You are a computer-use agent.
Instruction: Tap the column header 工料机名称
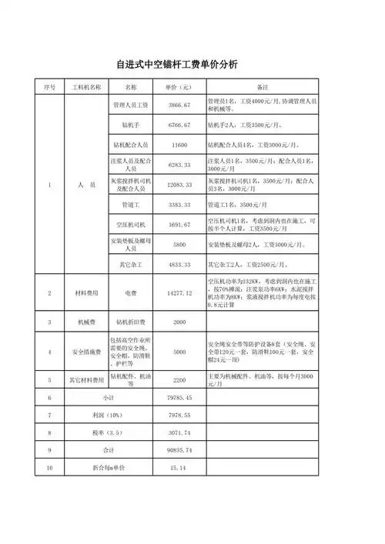86,87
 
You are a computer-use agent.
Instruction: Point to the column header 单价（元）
179,87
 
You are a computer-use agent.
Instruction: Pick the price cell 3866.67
179,104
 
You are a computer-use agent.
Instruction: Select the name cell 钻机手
130,124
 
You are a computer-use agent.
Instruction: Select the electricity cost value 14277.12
179,293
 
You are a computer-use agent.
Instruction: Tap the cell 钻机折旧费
130,322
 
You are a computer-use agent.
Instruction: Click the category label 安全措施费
86,352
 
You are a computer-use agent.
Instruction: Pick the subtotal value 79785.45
179,397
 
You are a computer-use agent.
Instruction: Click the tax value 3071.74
179,432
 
